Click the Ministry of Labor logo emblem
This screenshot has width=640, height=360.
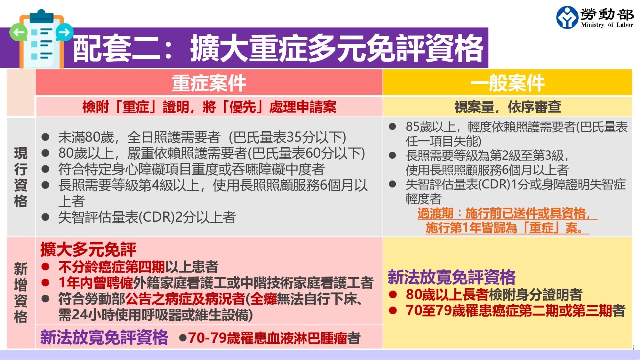click(567, 17)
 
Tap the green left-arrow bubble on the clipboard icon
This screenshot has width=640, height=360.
click(19, 33)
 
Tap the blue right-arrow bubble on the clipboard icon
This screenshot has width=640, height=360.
click(64, 32)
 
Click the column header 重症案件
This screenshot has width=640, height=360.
click(209, 83)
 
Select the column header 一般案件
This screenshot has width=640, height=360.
click(508, 83)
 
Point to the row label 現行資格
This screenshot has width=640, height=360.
click(21, 177)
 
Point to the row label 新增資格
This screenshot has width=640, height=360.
click(21, 293)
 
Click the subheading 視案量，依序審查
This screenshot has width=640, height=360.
click(508, 107)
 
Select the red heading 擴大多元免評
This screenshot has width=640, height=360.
click(88, 249)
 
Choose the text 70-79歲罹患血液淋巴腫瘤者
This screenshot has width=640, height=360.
click(274, 338)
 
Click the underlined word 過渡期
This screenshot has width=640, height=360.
click(435, 213)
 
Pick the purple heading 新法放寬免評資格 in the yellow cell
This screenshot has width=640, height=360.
click(452, 277)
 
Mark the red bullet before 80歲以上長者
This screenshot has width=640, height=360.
click(393, 295)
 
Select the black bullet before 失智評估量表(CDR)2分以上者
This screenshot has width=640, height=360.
click(45, 217)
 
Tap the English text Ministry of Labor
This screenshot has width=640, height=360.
click(607, 25)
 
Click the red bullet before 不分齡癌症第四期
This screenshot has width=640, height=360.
click(45, 267)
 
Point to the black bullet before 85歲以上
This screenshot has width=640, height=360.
click(392, 127)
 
